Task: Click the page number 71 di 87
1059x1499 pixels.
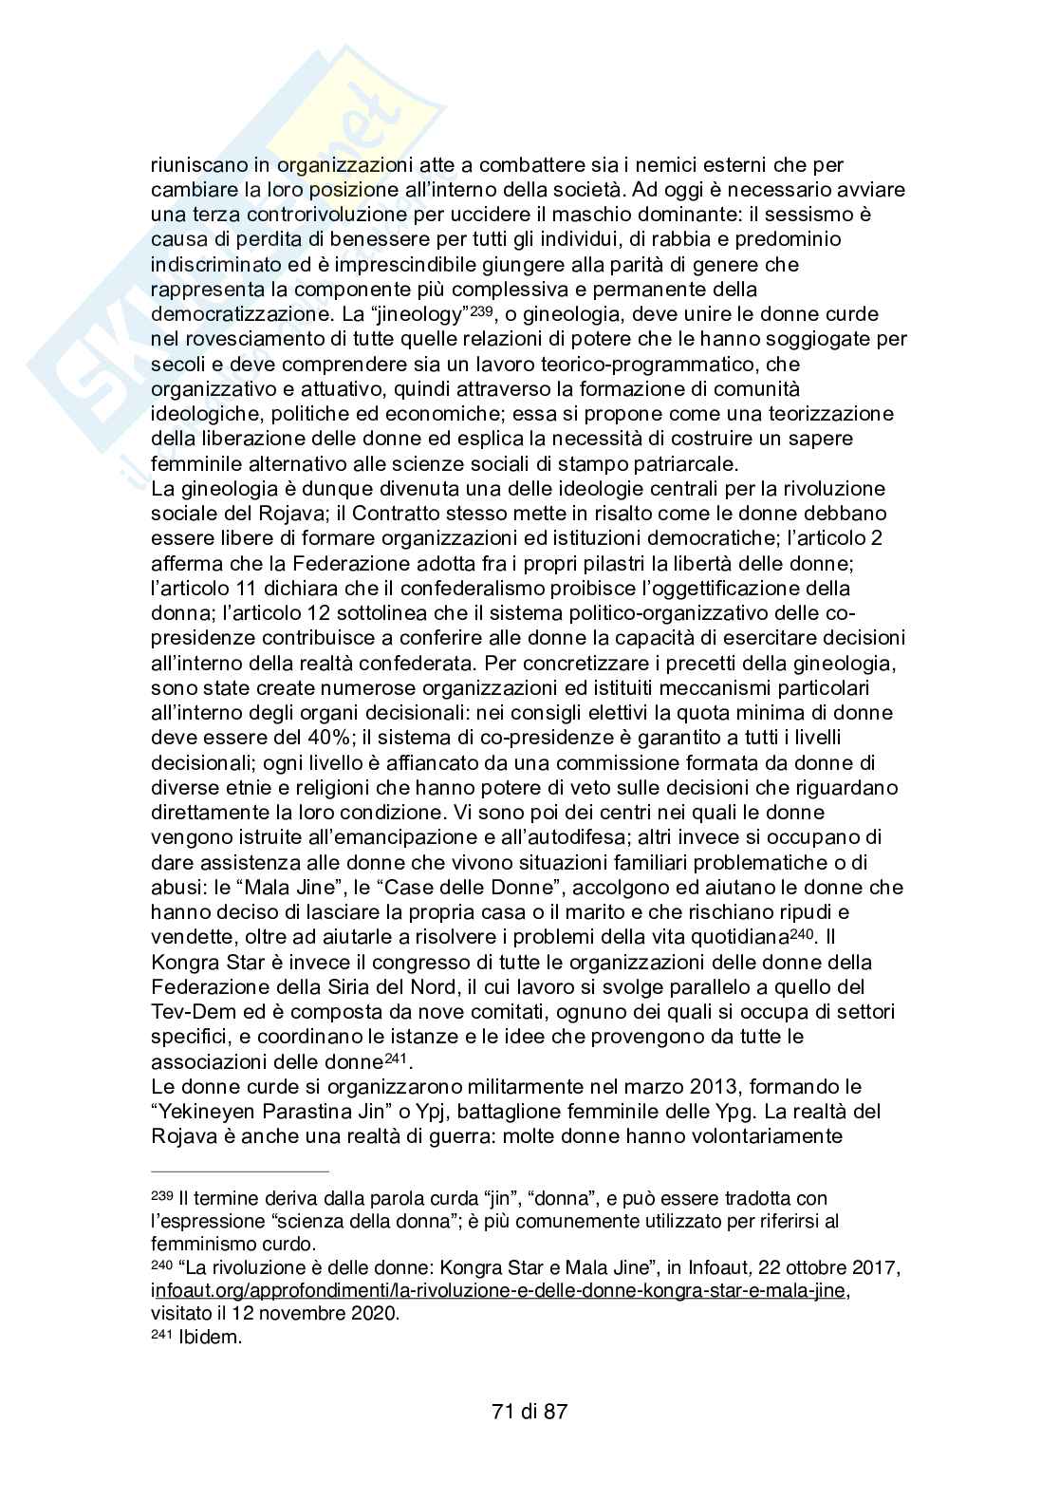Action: pos(529,1411)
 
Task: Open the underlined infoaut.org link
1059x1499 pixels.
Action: pos(498,1291)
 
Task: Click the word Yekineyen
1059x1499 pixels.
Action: pos(210,1111)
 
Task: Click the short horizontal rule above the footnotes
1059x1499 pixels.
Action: pos(240,1171)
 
